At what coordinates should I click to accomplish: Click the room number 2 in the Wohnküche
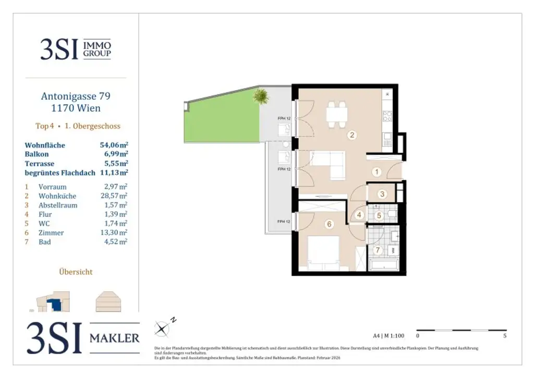coord(353,135)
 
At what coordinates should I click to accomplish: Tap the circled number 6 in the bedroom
coord(329,224)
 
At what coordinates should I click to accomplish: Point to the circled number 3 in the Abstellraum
coord(382,194)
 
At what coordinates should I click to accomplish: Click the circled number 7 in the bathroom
coord(379,250)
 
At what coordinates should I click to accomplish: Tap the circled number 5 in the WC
coord(380,215)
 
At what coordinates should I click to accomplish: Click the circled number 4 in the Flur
coord(359,214)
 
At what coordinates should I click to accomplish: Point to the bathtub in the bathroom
coord(384,266)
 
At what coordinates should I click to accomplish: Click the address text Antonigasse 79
coord(76,96)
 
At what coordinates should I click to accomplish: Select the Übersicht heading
coord(76,271)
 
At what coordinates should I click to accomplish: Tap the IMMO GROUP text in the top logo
coord(97,49)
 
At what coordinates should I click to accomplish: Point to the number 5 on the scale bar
coord(505,336)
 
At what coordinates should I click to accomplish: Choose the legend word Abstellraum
coord(58,205)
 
